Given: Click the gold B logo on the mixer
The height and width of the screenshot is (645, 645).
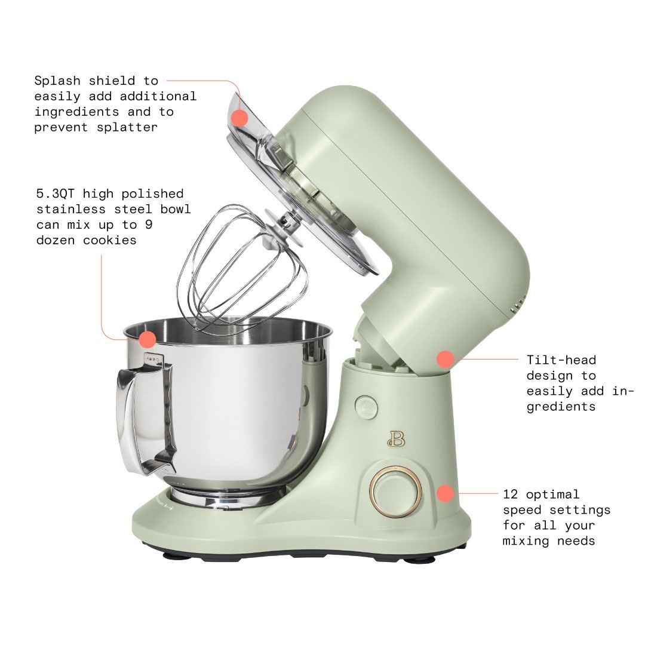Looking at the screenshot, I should coord(395,438).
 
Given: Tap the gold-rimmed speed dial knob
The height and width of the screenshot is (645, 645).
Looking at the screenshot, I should coord(395,492).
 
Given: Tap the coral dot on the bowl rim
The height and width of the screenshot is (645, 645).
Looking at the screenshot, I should coord(147,340).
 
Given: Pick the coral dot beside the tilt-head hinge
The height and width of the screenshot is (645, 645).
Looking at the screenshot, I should coord(445,359).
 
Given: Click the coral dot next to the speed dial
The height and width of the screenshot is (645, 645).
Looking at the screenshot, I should coord(445,493).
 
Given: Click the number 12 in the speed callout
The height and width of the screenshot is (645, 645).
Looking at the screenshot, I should coord(509,494).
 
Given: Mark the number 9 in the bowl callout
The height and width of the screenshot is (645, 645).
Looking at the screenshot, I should coord(182,225).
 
